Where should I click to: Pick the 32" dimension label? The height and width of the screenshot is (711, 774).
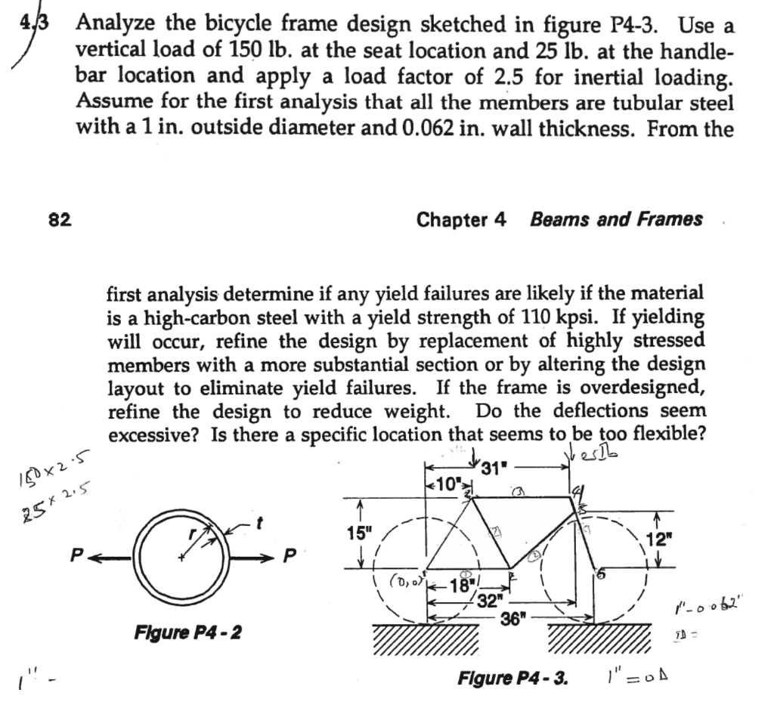(x=492, y=601)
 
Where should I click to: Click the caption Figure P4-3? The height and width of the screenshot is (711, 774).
(x=512, y=676)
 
